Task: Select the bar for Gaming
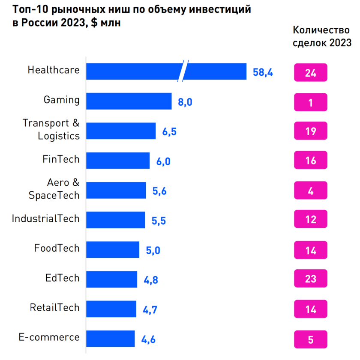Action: (x=129, y=101)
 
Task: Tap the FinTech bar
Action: (x=118, y=161)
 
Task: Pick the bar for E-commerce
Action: (x=110, y=339)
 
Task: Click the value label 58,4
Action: (x=263, y=72)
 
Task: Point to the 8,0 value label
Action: (x=185, y=102)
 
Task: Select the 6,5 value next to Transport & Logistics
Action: (x=169, y=131)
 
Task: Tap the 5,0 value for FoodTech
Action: (x=153, y=250)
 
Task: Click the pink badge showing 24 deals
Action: (x=311, y=73)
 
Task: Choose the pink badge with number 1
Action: (x=311, y=103)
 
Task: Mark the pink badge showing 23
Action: (x=311, y=279)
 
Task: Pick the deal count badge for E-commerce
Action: (x=311, y=340)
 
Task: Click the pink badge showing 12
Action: (x=311, y=220)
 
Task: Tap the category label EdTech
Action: (x=62, y=278)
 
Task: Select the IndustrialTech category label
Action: (x=45, y=219)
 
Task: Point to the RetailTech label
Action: (x=54, y=308)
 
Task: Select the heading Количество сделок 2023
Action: (x=322, y=36)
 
